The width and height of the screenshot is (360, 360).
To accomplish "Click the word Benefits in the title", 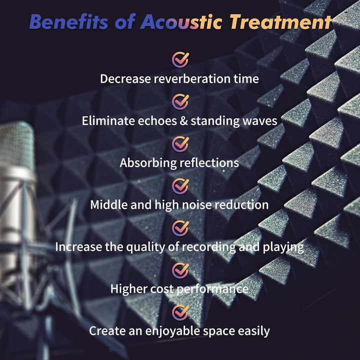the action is click(x=68, y=22).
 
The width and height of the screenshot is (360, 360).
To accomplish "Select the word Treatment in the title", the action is click(x=281, y=22).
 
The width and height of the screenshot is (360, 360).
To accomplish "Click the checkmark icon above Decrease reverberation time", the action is click(x=180, y=59).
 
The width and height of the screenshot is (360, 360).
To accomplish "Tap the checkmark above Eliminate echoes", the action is click(x=180, y=101).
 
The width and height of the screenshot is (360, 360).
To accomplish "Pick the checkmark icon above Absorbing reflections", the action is click(x=180, y=143).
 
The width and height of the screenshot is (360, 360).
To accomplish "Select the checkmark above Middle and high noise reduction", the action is click(x=180, y=186).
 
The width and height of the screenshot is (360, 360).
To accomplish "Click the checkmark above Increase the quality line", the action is click(x=180, y=228).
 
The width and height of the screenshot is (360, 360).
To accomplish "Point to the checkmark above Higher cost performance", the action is click(x=180, y=270).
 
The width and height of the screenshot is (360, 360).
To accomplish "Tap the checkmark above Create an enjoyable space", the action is click(x=180, y=312).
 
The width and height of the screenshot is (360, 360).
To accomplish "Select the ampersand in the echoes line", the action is click(x=183, y=121).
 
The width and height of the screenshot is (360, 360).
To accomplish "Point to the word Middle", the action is click(x=109, y=204).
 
